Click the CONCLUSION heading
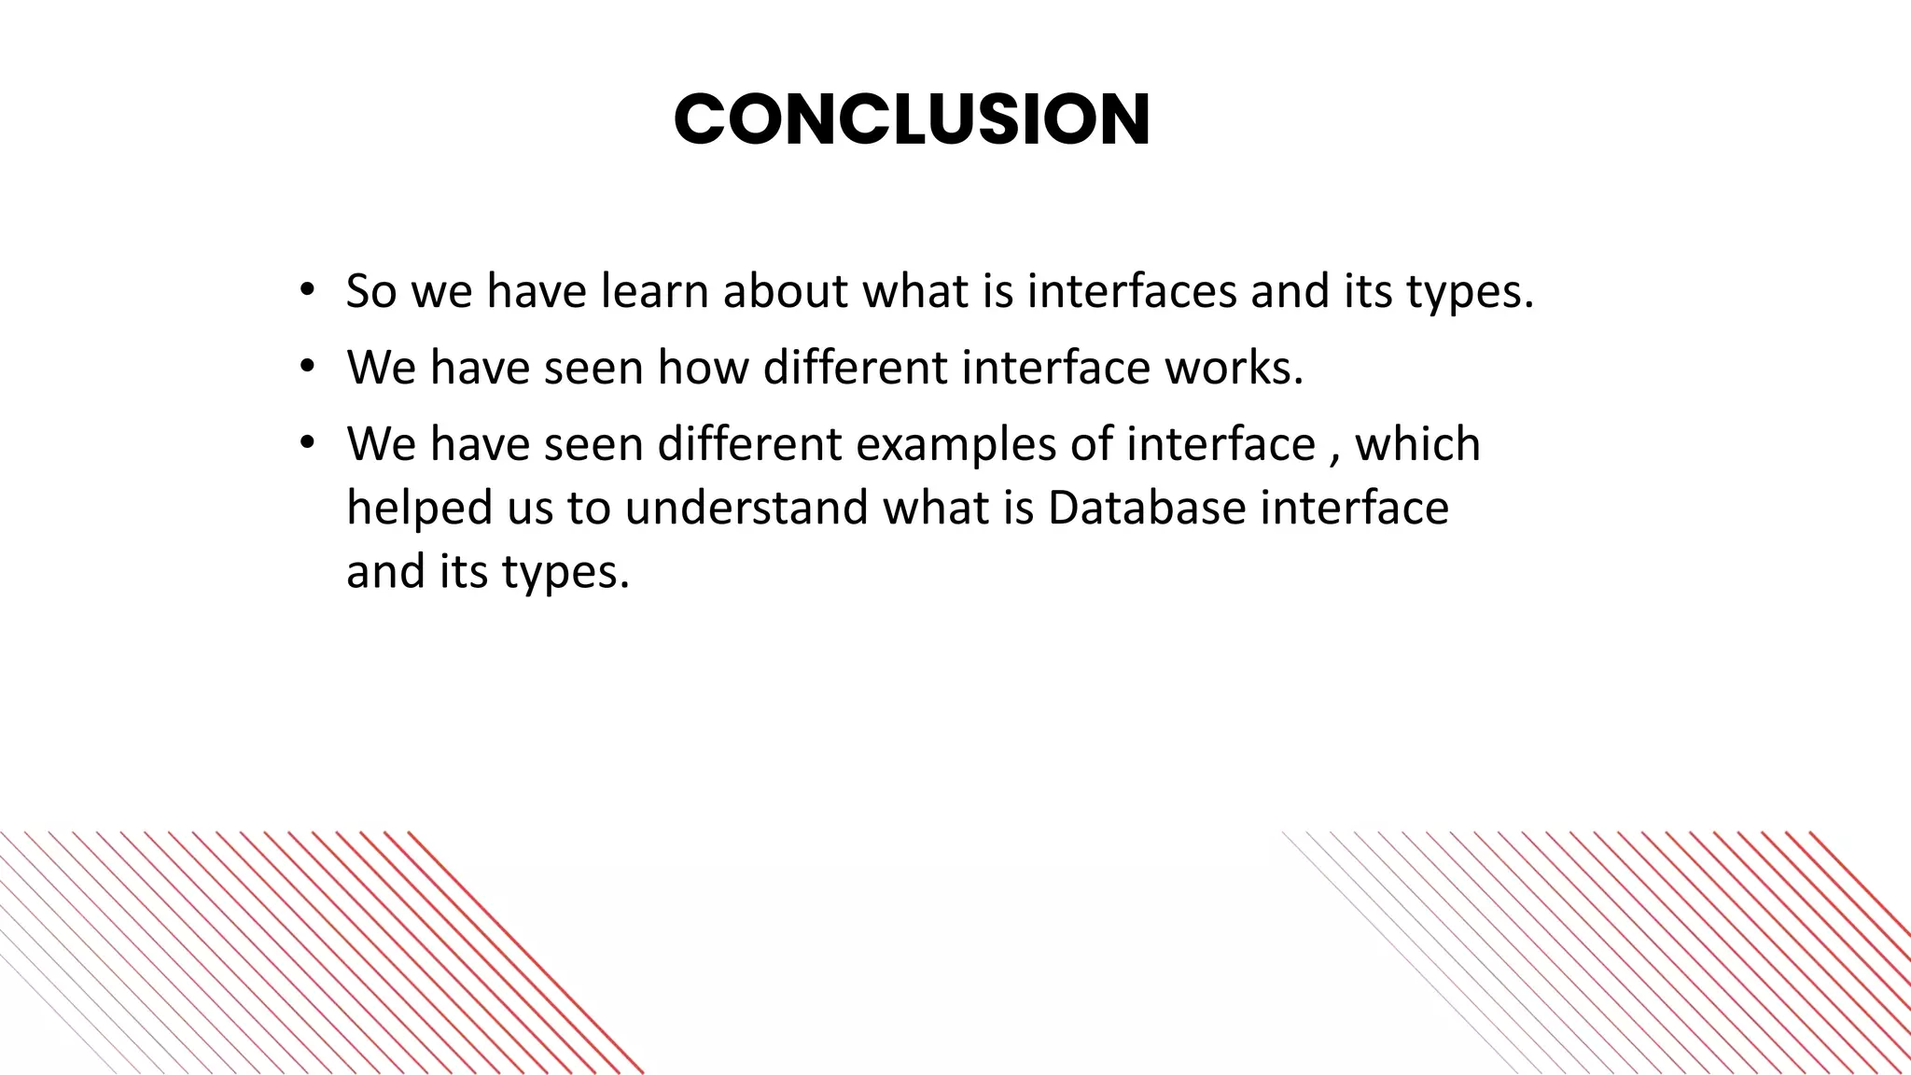click(x=912, y=121)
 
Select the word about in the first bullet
click(x=786, y=291)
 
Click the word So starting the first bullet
click(x=371, y=291)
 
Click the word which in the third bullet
click(x=1417, y=444)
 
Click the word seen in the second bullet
click(x=593, y=368)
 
